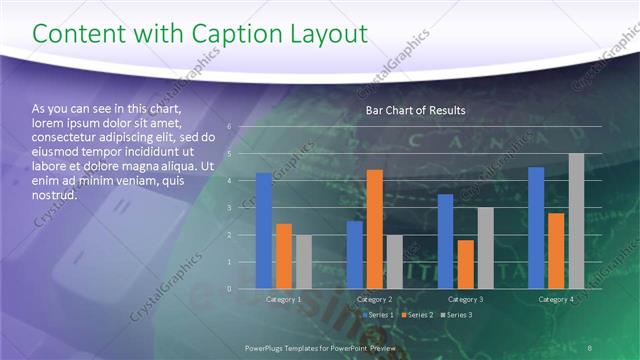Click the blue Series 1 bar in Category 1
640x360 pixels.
coord(263,231)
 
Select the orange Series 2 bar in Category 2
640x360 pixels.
coord(374,229)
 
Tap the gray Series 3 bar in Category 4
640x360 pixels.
coord(576,221)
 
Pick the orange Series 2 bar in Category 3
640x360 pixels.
coord(465,264)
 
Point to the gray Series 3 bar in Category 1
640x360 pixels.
coord(303,262)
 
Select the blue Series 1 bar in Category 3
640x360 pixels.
coord(445,241)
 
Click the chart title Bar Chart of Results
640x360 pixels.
coord(415,109)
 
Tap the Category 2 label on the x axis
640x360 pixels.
coord(374,299)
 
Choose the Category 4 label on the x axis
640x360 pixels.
coord(556,299)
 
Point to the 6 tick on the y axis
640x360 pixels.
coord(230,127)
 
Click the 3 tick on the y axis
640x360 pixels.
coord(230,208)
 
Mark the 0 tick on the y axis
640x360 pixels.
coord(230,289)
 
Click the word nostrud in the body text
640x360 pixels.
coord(55,194)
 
